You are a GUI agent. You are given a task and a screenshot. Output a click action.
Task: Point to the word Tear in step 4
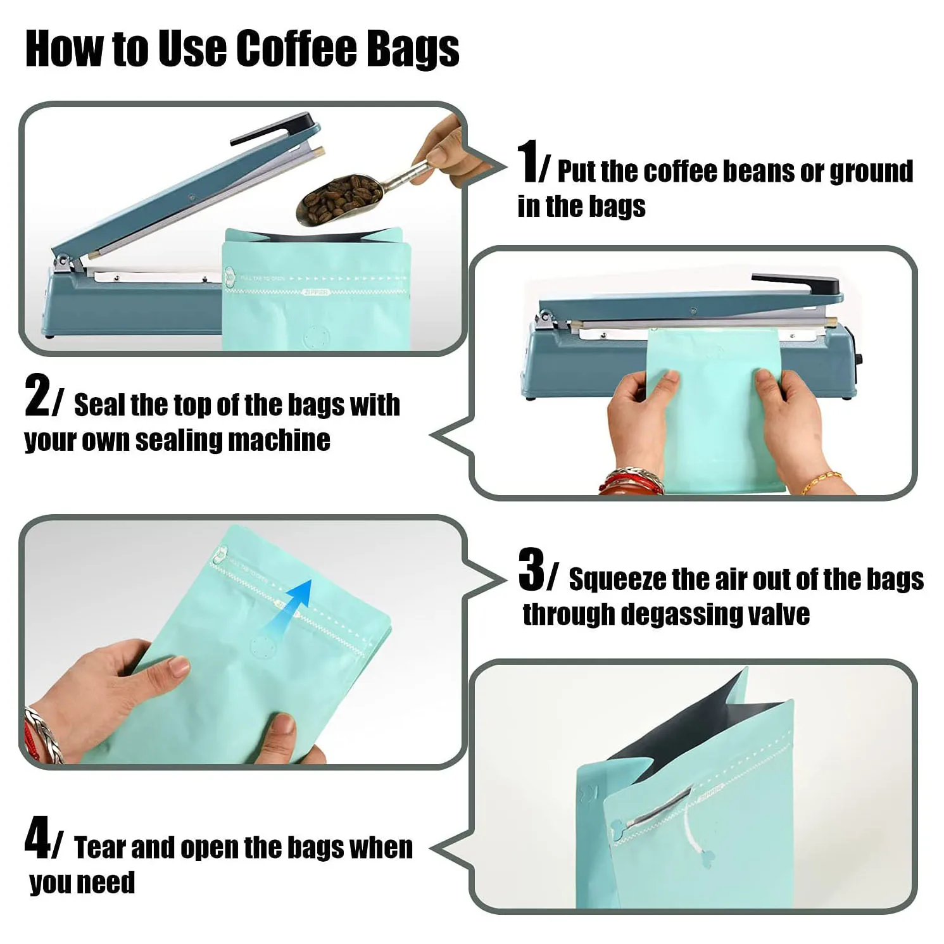coord(101,847)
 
